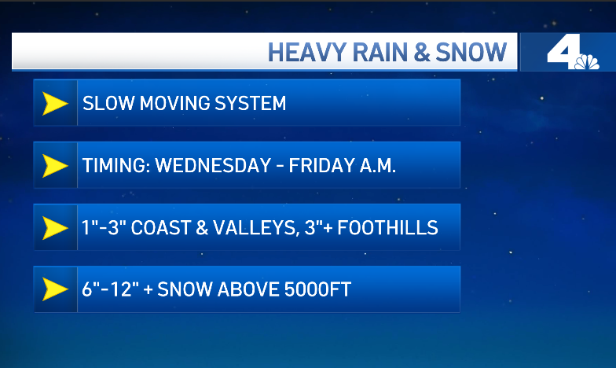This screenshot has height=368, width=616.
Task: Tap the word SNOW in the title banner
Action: (x=471, y=52)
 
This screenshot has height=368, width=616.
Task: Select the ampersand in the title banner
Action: (x=423, y=52)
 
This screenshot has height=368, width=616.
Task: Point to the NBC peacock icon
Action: (x=587, y=62)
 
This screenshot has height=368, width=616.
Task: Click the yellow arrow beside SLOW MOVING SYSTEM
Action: (x=55, y=104)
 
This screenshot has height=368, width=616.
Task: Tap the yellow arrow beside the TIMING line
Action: (x=55, y=165)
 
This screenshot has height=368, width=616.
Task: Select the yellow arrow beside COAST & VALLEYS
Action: (x=55, y=228)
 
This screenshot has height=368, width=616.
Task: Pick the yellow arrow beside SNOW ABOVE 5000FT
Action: (x=55, y=289)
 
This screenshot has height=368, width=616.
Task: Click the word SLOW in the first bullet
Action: (x=108, y=104)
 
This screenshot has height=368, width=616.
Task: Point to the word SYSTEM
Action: (x=250, y=104)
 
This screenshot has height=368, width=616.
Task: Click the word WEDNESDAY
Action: (x=214, y=165)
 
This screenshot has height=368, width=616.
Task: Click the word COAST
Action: (x=160, y=228)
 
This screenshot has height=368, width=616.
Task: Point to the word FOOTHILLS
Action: (x=388, y=228)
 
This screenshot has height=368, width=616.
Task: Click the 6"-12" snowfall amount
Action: (x=110, y=289)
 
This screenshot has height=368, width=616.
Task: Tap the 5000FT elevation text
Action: (x=317, y=289)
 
